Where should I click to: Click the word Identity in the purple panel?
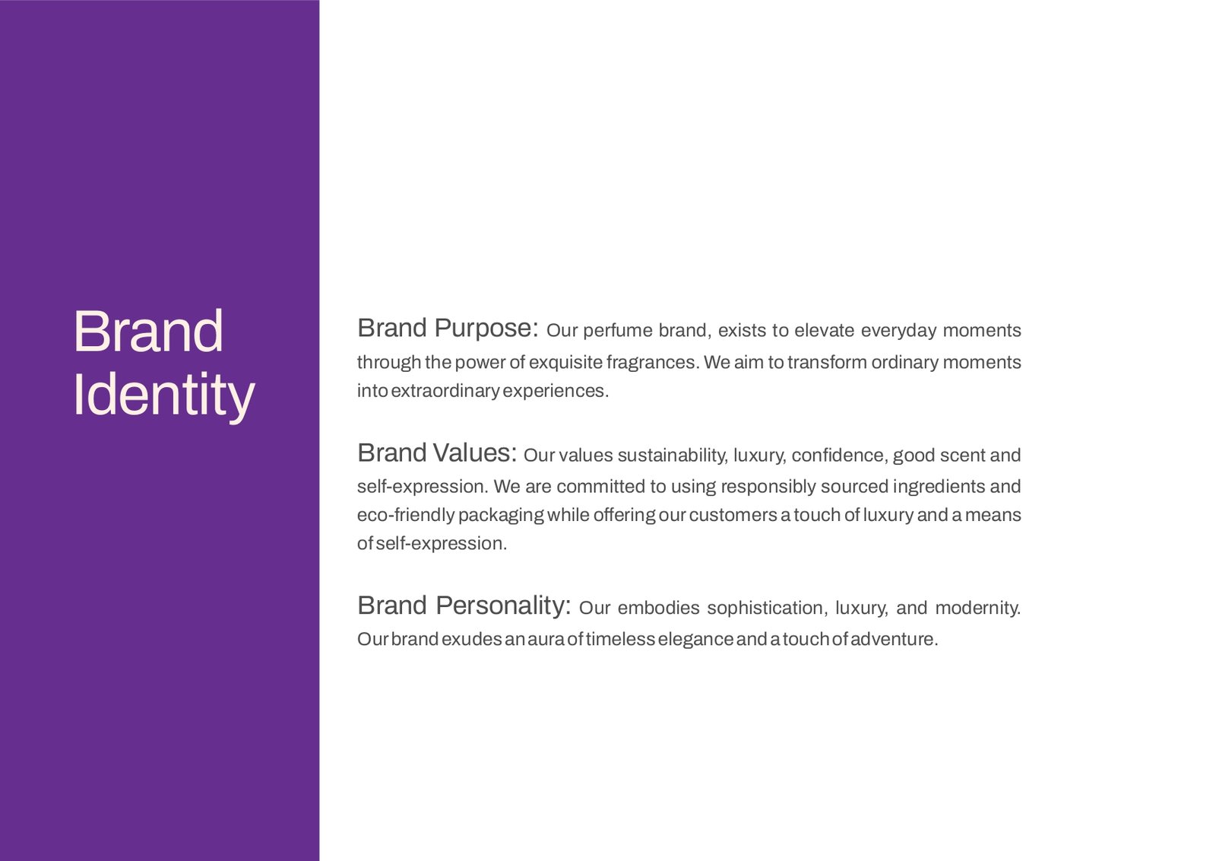[163, 395]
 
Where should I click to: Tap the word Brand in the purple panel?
[147, 332]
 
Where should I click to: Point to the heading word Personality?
[503, 605]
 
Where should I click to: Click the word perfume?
[618, 331]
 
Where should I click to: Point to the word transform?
[828, 362]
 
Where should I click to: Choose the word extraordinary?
[445, 391]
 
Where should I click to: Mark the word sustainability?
[673, 456]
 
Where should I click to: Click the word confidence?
[840, 456]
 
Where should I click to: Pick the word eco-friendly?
[406, 515]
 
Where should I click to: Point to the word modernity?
[977, 608]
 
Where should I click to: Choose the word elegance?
[695, 640]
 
